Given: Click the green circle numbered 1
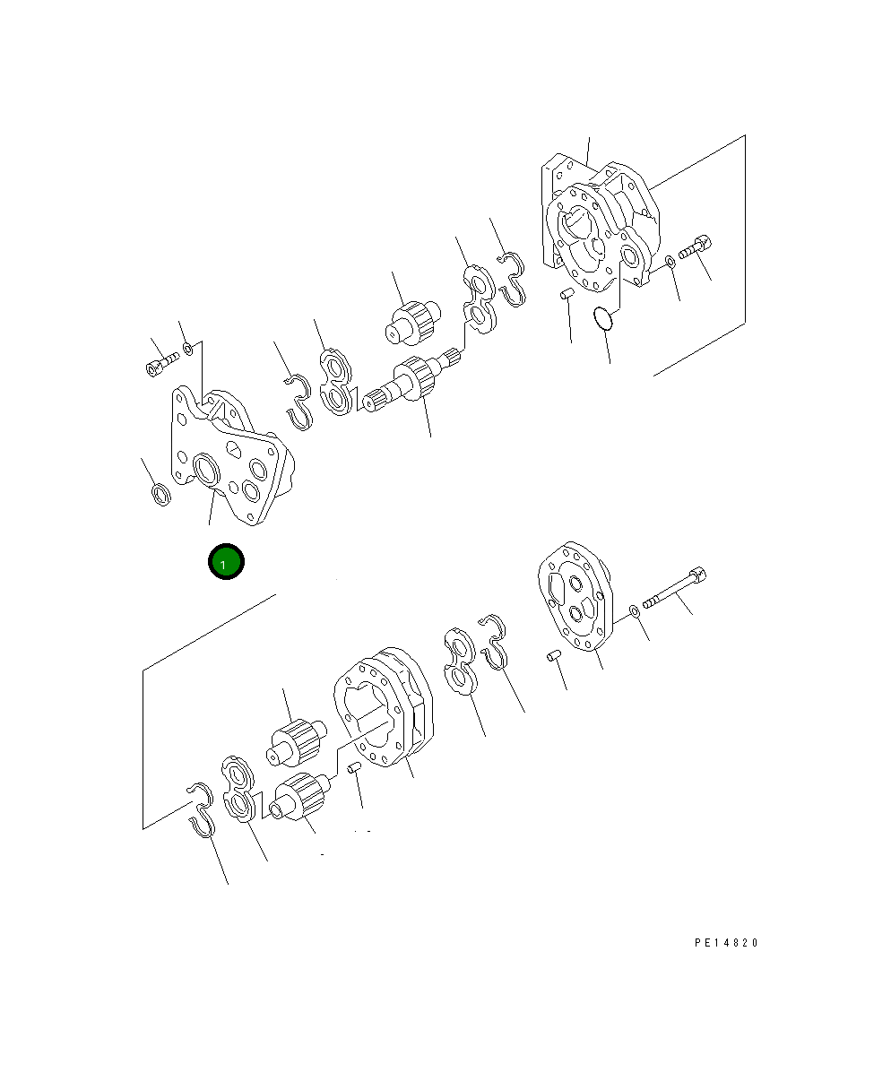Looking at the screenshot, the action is pos(226,562).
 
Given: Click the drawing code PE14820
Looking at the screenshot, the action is pos(726,943).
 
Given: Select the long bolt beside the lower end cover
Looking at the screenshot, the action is pos(674,588).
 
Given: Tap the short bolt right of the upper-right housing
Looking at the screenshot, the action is pos(695,247).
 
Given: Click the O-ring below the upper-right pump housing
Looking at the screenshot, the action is pos(602,318).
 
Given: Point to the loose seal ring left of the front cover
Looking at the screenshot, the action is pos(160,495).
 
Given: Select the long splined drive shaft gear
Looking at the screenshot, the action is pos(412,382).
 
